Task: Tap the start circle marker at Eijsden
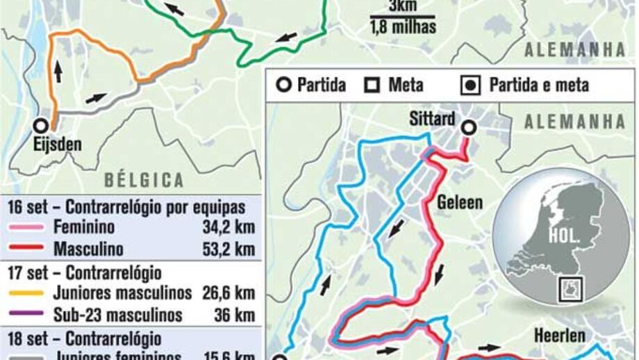pos(42,126)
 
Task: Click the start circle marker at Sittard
pos(469,127)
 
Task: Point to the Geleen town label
pos(459,202)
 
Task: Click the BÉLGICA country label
pos(144,180)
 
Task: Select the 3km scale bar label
pos(403,6)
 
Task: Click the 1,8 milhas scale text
pos(403,28)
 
